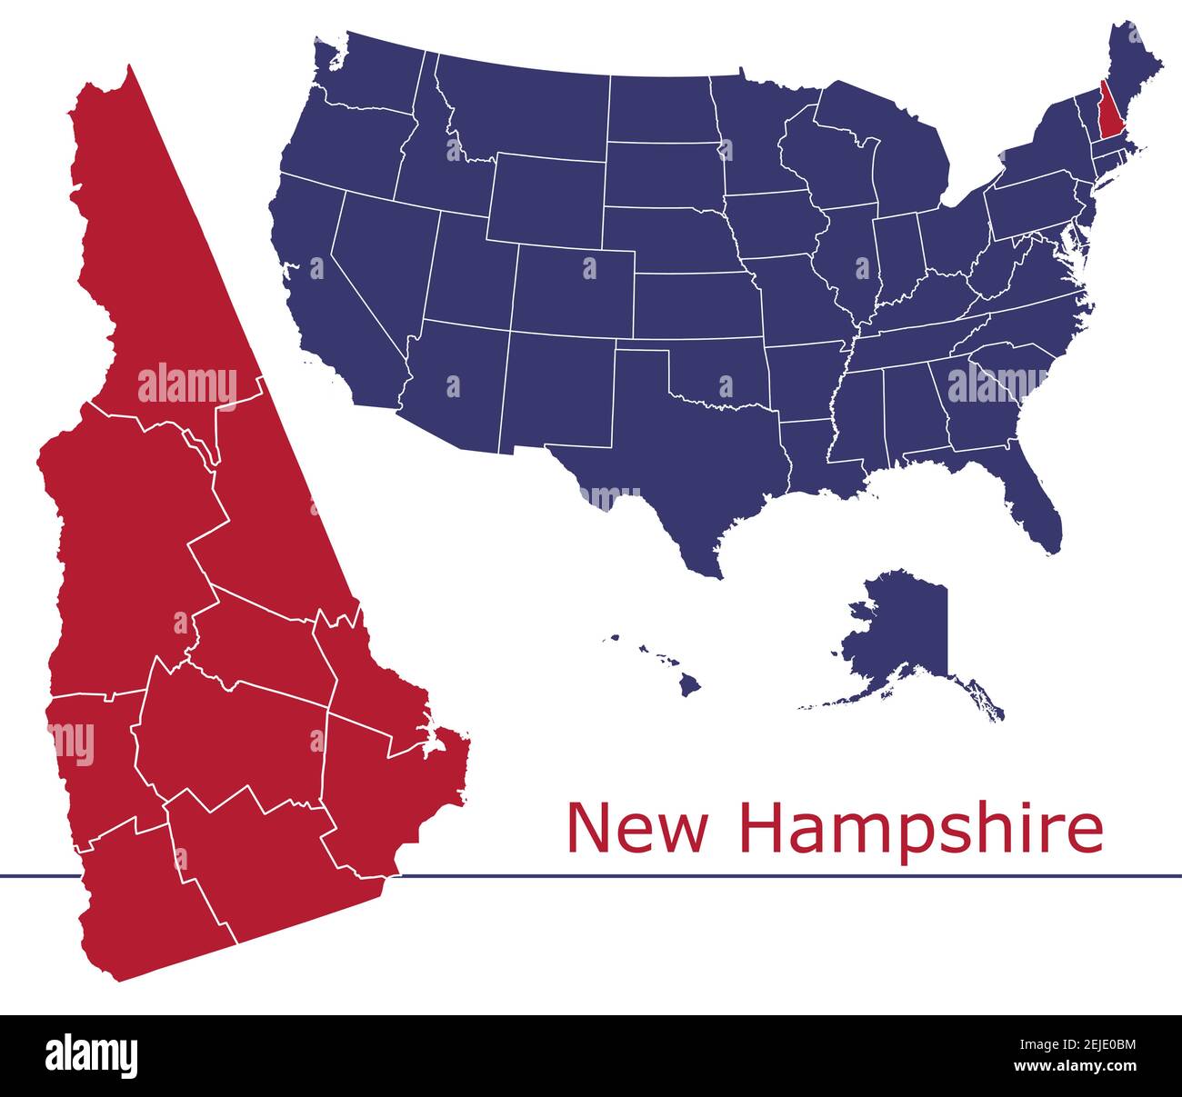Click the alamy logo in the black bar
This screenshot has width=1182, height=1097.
point(91,1056)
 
